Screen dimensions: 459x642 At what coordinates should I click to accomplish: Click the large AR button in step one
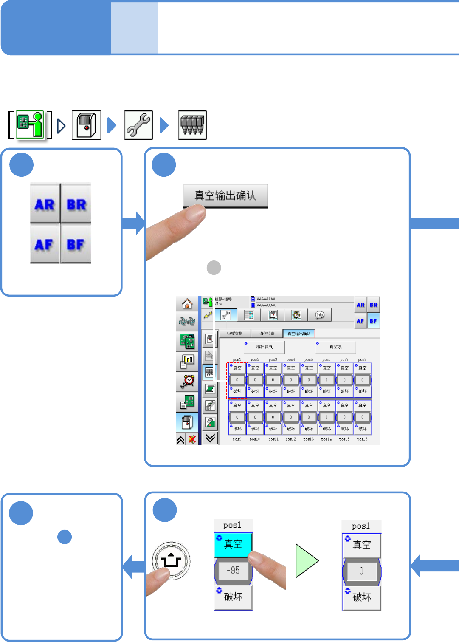45,204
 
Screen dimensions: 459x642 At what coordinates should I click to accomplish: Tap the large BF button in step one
76,244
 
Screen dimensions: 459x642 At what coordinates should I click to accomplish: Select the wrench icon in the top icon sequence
138,125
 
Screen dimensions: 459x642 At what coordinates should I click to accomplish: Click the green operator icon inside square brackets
30,125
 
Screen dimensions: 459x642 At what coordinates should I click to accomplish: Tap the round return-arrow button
171,561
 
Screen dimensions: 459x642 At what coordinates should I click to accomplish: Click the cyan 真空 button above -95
233,544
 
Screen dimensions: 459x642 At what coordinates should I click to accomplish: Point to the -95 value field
233,570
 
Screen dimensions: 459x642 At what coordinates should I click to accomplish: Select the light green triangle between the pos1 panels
306,561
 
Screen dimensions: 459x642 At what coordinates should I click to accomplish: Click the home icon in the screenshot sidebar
187,304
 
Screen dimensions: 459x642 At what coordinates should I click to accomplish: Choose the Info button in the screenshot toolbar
320,315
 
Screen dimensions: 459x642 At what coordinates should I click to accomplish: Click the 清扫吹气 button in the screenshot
264,347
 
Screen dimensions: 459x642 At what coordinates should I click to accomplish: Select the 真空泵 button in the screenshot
335,347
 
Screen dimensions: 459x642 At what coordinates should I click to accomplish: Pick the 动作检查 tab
267,334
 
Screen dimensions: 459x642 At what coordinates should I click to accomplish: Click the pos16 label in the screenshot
362,439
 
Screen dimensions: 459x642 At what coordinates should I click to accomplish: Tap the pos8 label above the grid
362,359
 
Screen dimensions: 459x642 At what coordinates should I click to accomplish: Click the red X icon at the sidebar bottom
192,439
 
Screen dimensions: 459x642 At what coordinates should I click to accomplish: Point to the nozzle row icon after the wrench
192,125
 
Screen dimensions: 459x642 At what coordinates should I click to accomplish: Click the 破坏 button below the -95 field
233,597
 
